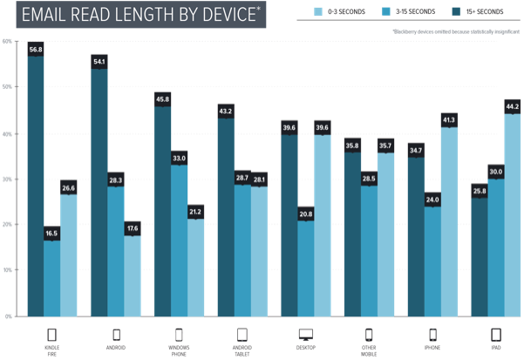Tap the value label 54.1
pyautogui.click(x=99, y=61)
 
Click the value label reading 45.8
pyautogui.click(x=162, y=98)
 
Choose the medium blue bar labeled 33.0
pyautogui.click(x=178, y=240)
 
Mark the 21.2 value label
pyautogui.click(x=195, y=210)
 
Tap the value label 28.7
pyautogui.click(x=242, y=178)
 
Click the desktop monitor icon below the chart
pyautogui.click(x=305, y=332)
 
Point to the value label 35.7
pyautogui.click(x=384, y=144)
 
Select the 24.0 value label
pyautogui.click(x=432, y=199)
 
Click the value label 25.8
pyautogui.click(x=480, y=190)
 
